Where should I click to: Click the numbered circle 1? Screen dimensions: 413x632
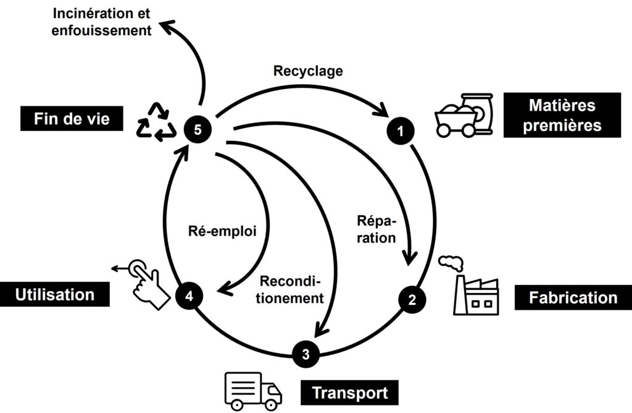click(400, 130)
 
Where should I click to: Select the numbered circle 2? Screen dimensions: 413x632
click(412, 300)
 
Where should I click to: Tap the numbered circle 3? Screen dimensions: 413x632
click(307, 354)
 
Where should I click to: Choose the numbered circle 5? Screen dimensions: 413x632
click(198, 129)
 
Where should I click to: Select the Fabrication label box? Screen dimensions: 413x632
click(573, 297)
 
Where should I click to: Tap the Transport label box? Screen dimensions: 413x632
click(350, 393)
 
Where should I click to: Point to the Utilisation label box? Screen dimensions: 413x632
click(55, 294)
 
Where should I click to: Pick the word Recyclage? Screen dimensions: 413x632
click(307, 71)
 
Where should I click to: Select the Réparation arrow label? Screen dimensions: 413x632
click(376, 229)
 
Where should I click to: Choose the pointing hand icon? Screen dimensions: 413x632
click(147, 284)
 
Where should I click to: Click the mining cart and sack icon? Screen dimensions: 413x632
click(464, 115)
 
